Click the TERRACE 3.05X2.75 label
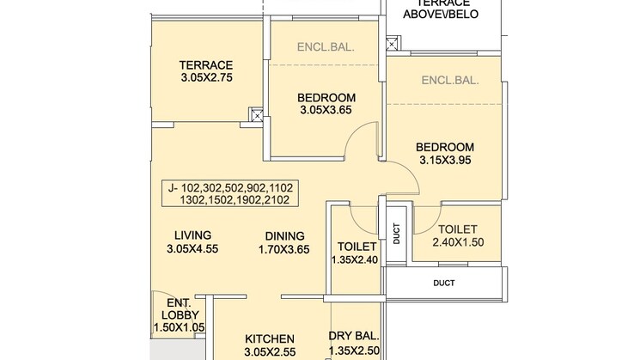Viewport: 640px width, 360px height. tap(206, 70)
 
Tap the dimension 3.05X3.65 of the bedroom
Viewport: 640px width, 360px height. tap(326, 110)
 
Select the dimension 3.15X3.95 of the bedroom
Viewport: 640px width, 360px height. tap(446, 160)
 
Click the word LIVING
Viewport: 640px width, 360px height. tap(192, 235)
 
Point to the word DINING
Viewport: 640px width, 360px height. tap(283, 235)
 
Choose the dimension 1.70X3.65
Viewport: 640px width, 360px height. tap(283, 250)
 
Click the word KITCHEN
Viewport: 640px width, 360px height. tap(271, 339)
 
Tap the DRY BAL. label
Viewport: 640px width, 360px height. tap(354, 339)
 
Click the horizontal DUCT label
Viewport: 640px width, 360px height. tap(444, 282)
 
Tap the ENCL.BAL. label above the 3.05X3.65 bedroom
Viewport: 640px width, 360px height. tap(326, 48)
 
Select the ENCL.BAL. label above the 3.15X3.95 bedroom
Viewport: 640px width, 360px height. tap(450, 82)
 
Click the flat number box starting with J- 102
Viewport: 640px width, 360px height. tap(230, 193)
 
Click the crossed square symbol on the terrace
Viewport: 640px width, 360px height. tap(255, 113)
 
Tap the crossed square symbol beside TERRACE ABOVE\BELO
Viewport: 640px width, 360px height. tap(393, 42)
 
